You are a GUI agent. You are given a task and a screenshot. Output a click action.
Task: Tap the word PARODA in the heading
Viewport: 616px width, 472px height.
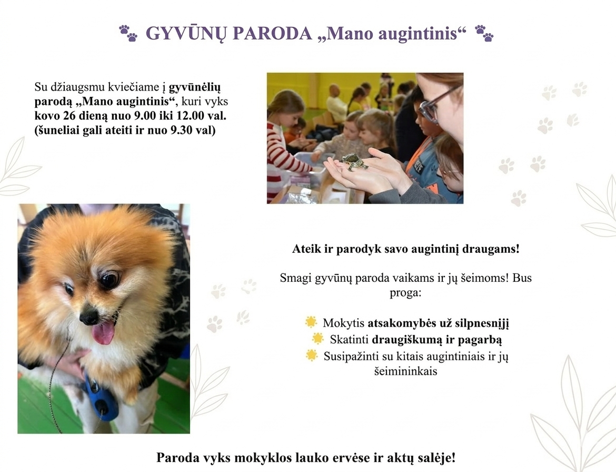[272, 34]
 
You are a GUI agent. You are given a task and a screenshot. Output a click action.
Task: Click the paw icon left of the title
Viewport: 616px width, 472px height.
[128, 33]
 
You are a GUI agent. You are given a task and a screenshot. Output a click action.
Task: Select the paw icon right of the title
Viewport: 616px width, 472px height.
[484, 33]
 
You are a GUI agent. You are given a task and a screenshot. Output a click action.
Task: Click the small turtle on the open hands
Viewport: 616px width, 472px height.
[354, 161]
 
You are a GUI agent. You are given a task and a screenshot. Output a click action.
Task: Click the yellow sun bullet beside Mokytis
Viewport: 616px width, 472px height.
[311, 322]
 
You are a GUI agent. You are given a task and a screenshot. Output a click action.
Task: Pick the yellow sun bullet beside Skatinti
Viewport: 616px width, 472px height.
[318, 338]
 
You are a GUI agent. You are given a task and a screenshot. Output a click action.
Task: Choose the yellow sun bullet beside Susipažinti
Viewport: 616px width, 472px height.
[312, 355]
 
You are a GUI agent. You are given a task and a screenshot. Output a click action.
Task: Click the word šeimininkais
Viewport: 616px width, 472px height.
[405, 371]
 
